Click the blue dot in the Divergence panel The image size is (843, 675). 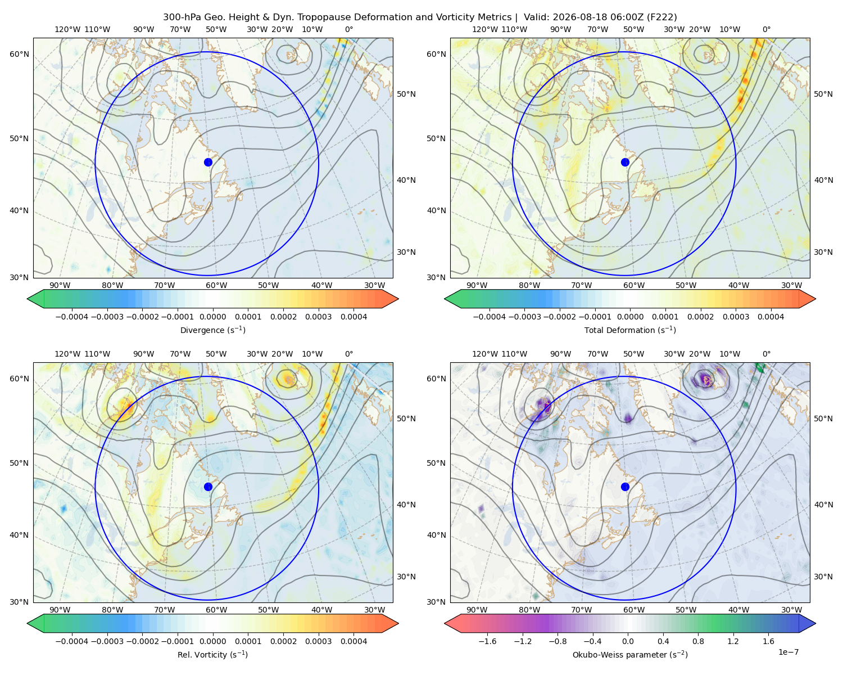(x=208, y=163)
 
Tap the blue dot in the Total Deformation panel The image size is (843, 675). (x=625, y=163)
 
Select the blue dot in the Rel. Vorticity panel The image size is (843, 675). (x=208, y=487)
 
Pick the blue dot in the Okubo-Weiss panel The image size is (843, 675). (x=625, y=487)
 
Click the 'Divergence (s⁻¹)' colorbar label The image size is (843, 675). (x=212, y=330)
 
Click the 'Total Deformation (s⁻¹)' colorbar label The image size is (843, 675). (x=630, y=330)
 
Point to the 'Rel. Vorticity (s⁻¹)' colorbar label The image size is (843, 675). (x=212, y=655)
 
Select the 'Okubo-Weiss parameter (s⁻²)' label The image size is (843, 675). (x=630, y=655)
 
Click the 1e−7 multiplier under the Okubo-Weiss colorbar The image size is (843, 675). (x=788, y=652)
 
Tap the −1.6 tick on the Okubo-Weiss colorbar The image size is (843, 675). (x=487, y=641)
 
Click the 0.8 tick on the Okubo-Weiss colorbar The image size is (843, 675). (x=698, y=641)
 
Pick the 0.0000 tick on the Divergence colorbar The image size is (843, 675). (x=212, y=317)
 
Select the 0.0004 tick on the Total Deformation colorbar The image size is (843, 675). (x=771, y=317)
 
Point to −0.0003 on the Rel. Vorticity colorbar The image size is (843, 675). (x=107, y=641)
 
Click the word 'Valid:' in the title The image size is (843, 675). (x=537, y=17)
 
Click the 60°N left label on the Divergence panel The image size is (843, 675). (x=19, y=54)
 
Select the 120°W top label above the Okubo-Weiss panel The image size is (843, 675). (x=485, y=354)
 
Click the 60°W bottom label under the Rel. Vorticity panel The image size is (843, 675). (x=216, y=610)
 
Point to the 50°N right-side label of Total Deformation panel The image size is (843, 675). (x=824, y=94)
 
